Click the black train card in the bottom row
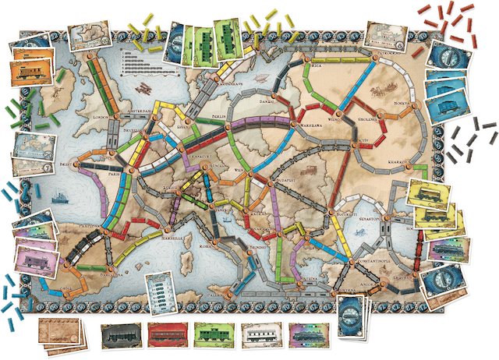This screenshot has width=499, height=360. (x=123, y=336)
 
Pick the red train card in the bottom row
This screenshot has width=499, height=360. (x=169, y=336)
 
